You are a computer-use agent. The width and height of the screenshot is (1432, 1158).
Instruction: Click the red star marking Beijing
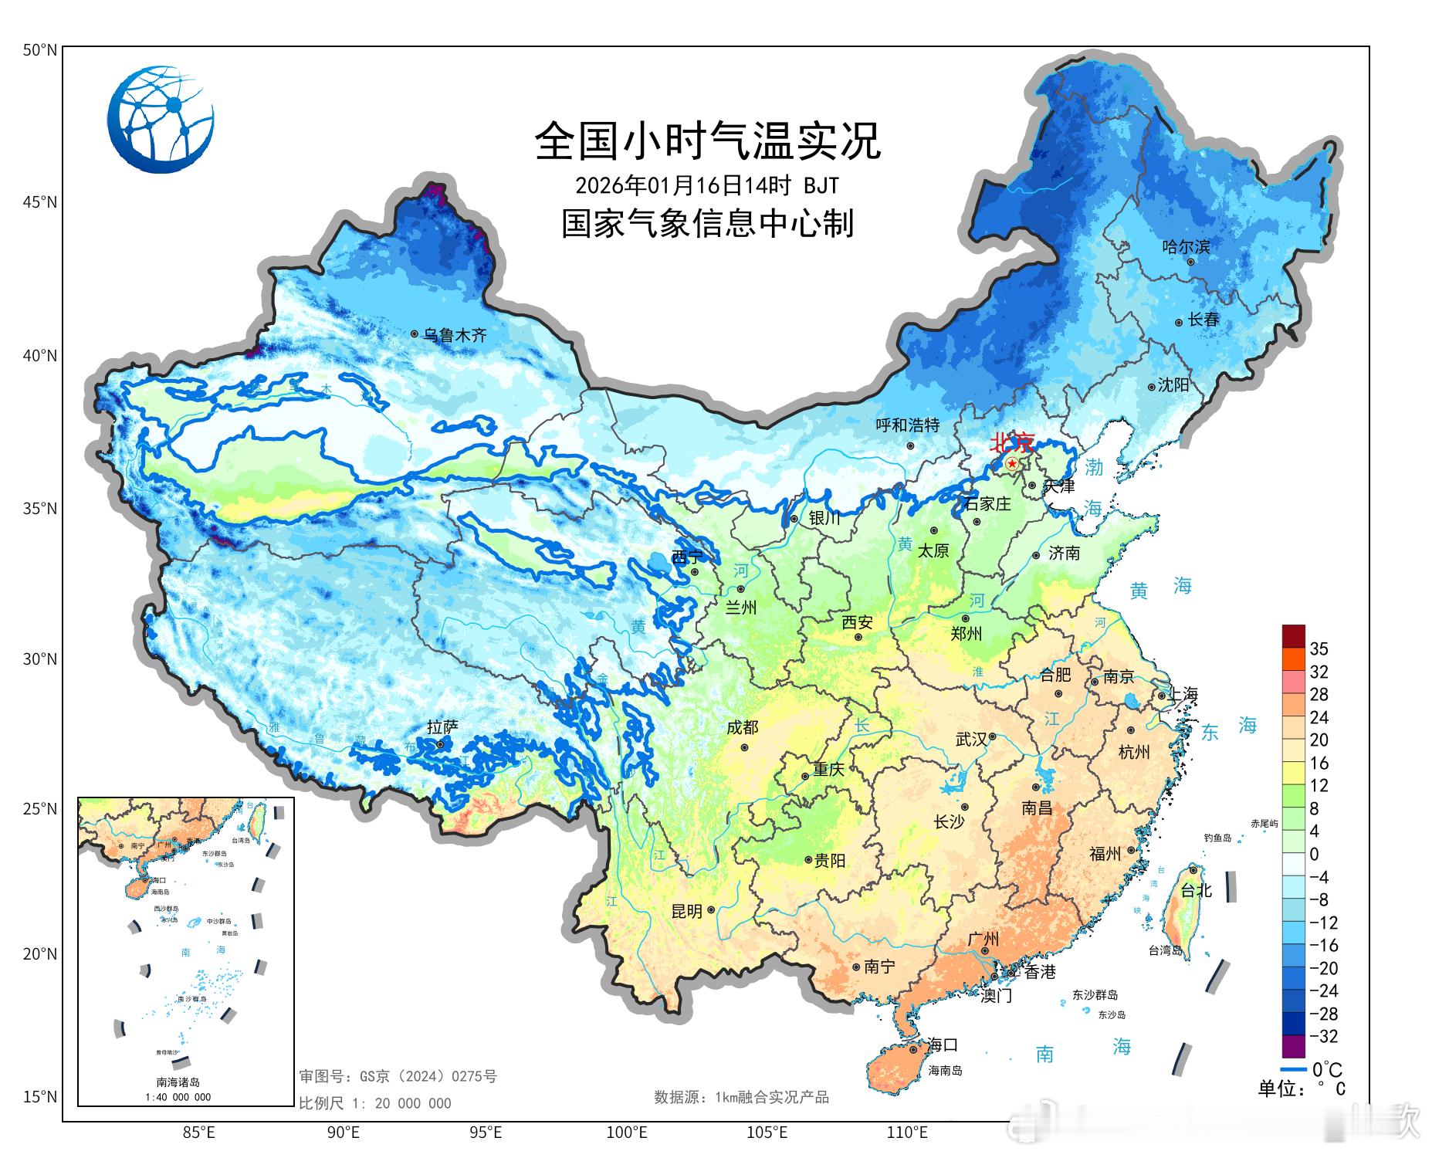(1012, 463)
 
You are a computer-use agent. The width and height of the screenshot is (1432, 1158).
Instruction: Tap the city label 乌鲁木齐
(455, 335)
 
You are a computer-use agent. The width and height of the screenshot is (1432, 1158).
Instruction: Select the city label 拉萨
(442, 727)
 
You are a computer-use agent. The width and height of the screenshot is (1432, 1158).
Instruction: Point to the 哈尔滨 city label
(1186, 247)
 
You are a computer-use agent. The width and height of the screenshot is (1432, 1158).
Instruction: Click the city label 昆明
(686, 911)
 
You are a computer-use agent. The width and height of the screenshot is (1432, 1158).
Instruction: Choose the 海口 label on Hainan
(943, 1045)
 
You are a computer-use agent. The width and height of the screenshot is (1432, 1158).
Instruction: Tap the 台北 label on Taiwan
(1196, 890)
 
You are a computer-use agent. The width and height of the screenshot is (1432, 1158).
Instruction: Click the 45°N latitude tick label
(40, 202)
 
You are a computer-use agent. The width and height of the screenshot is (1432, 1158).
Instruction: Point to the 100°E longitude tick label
(626, 1133)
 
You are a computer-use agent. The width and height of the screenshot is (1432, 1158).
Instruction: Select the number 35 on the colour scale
(1319, 648)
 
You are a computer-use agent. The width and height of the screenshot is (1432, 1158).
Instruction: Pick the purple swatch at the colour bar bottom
(1293, 1047)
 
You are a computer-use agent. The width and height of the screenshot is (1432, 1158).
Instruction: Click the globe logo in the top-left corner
(161, 120)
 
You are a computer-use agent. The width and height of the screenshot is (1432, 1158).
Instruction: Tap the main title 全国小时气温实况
(707, 141)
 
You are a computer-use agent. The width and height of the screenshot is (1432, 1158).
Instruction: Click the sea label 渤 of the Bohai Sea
(1094, 467)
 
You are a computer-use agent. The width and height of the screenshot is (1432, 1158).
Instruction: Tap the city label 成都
(742, 727)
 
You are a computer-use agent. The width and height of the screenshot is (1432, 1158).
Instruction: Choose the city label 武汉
(970, 739)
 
